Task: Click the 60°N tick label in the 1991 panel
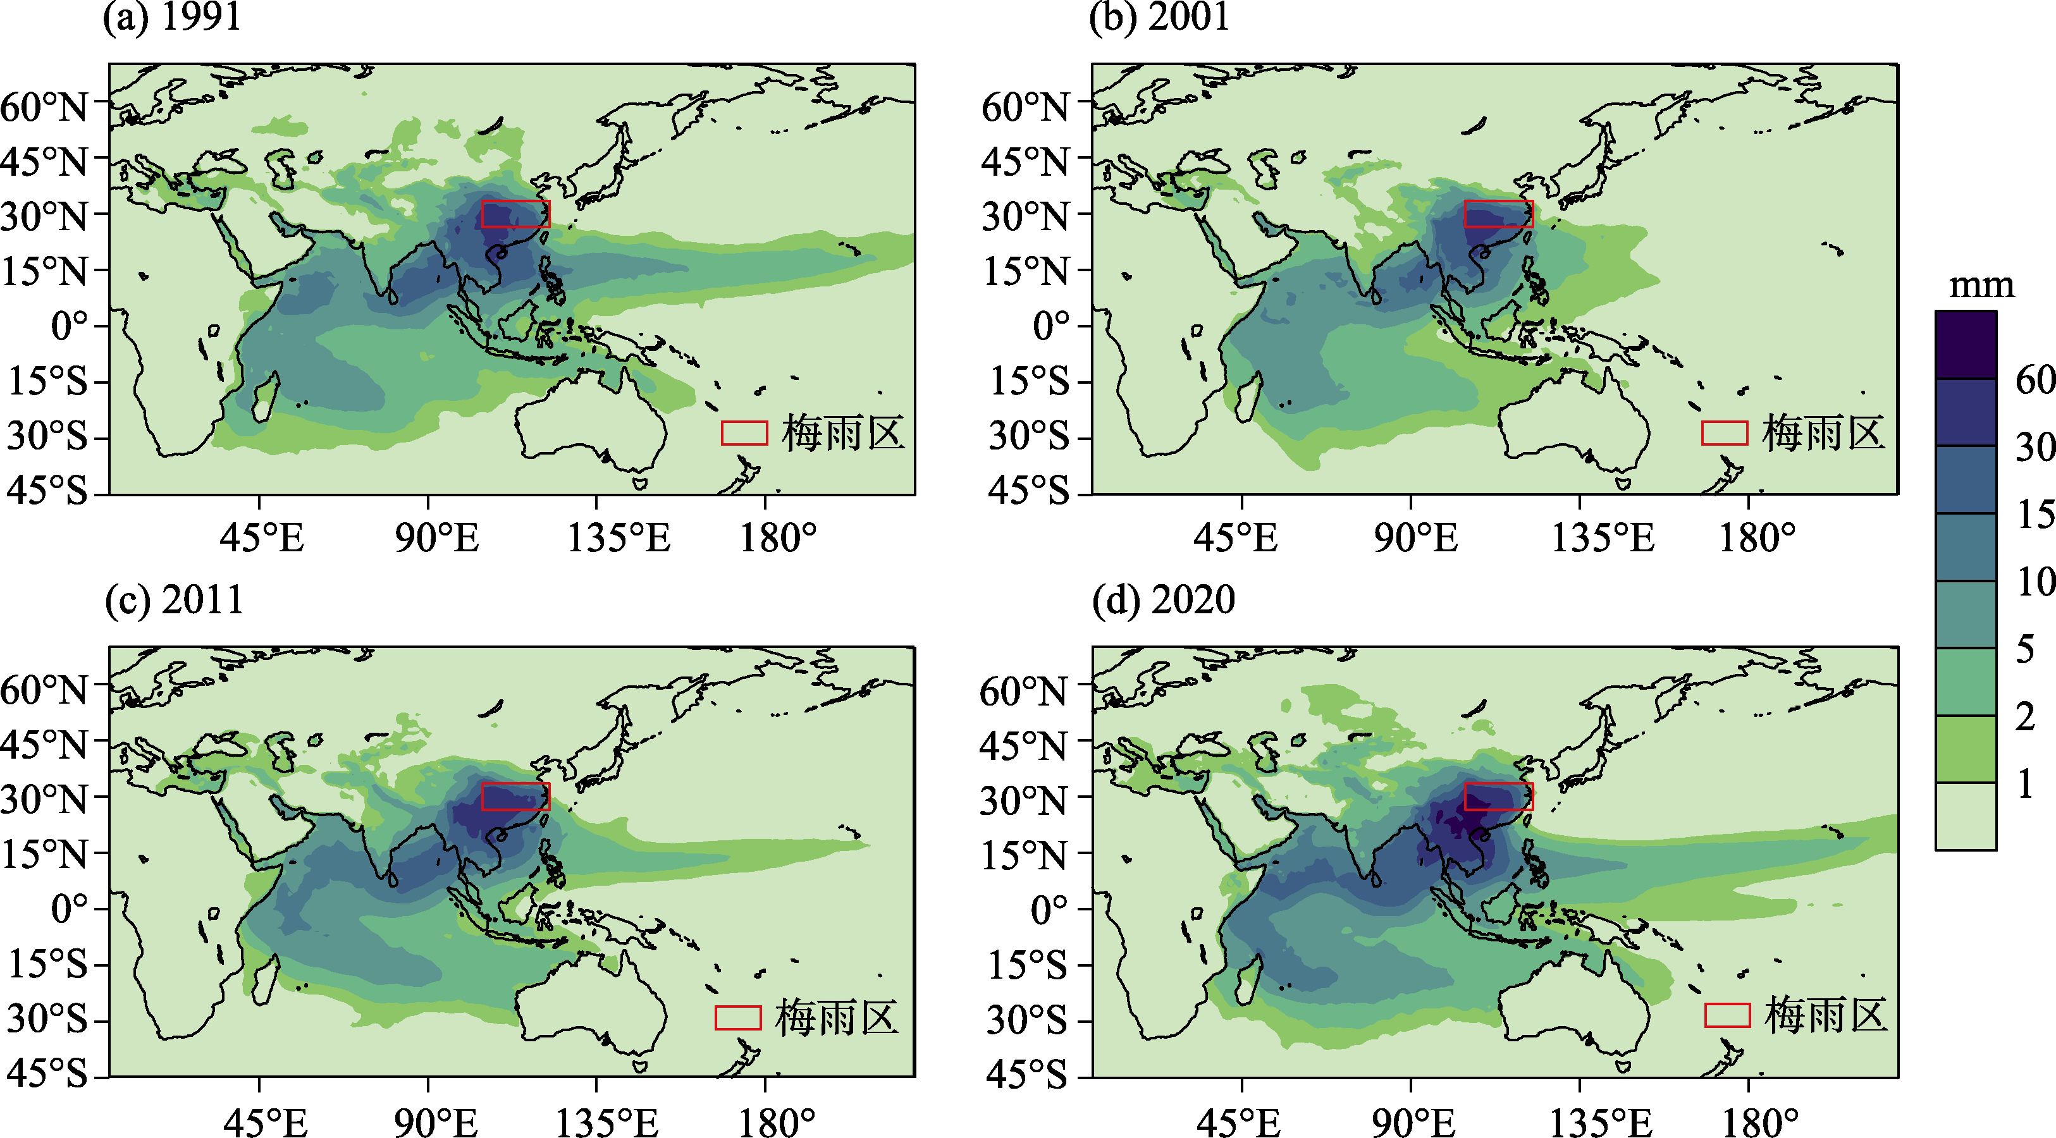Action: click(x=44, y=106)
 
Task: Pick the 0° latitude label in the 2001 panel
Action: click(x=1050, y=326)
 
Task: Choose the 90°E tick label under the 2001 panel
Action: click(x=1415, y=538)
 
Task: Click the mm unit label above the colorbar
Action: click(x=1981, y=285)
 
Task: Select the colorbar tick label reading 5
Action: click(x=2026, y=649)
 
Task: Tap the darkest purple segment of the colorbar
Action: click(x=1966, y=345)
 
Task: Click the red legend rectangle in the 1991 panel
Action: click(x=744, y=432)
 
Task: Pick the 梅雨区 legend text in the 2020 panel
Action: click(x=1825, y=1015)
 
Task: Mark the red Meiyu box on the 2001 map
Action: click(x=1499, y=213)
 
